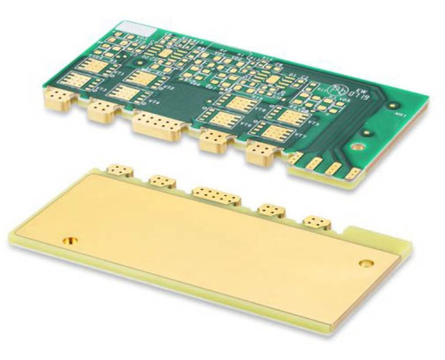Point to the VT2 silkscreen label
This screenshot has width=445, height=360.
167,88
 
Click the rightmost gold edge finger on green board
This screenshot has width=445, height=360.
353,174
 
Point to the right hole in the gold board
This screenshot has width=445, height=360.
366,263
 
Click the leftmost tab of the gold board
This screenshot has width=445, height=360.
121,170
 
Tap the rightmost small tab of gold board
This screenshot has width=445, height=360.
316,222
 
